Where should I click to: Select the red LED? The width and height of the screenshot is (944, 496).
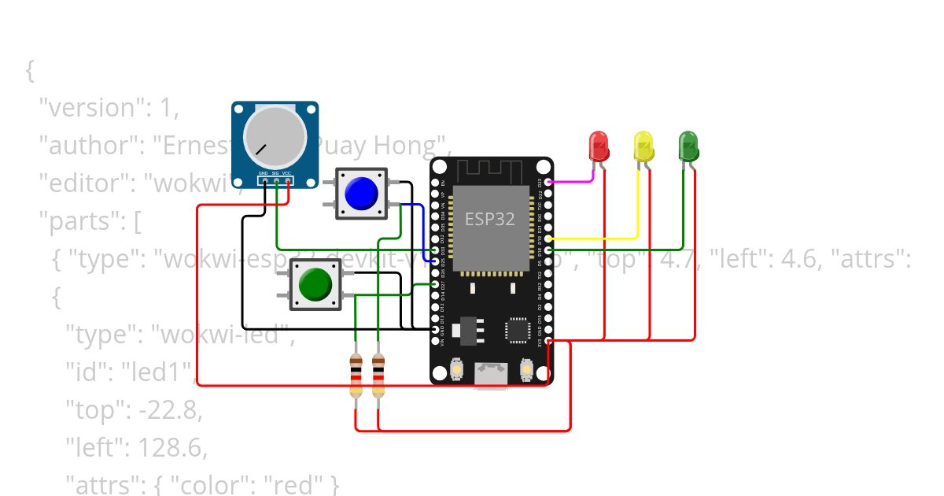[599, 146]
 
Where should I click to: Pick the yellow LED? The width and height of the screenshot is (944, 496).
[643, 147]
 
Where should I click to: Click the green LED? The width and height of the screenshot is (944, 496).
[688, 146]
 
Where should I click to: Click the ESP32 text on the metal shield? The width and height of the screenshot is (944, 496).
[489, 219]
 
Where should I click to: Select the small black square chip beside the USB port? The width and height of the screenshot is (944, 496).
[518, 330]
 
